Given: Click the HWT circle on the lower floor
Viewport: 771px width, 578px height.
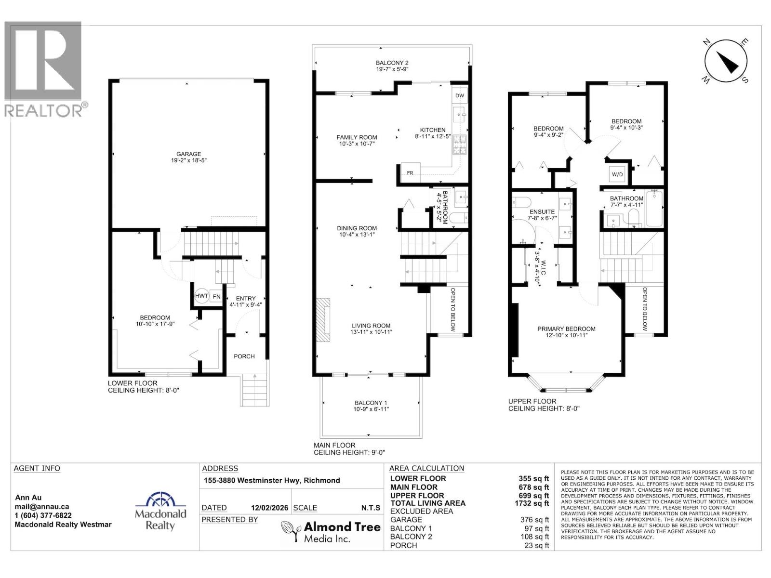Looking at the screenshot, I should [x=201, y=296].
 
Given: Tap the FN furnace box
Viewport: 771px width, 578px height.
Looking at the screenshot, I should [x=216, y=296].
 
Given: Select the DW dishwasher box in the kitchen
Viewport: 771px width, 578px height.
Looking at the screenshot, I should [x=459, y=95].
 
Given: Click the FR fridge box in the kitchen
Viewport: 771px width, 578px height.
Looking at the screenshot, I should [x=410, y=172].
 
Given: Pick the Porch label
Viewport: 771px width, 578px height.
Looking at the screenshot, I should [x=244, y=356].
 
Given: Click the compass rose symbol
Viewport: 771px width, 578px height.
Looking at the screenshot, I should [x=725, y=62].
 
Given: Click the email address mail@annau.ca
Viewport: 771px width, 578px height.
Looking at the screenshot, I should [x=42, y=507].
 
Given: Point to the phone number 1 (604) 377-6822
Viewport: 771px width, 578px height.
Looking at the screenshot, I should [x=43, y=515].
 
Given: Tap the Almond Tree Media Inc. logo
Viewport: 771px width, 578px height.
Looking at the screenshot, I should [x=331, y=531].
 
